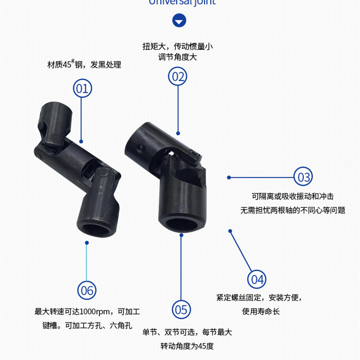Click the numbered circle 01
click(82, 88)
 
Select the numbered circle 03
click(304, 177)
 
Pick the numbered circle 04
click(257, 279)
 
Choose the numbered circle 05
click(180, 310)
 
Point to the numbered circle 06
click(87, 290)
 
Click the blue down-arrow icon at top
click(179, 21)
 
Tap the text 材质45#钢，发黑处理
click(84, 64)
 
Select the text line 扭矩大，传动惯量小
click(178, 47)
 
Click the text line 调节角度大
click(178, 57)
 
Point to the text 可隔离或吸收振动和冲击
click(293, 196)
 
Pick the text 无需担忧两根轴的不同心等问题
click(293, 210)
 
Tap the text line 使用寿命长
click(261, 312)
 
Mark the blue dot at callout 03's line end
click(229, 177)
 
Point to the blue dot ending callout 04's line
click(230, 231)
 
